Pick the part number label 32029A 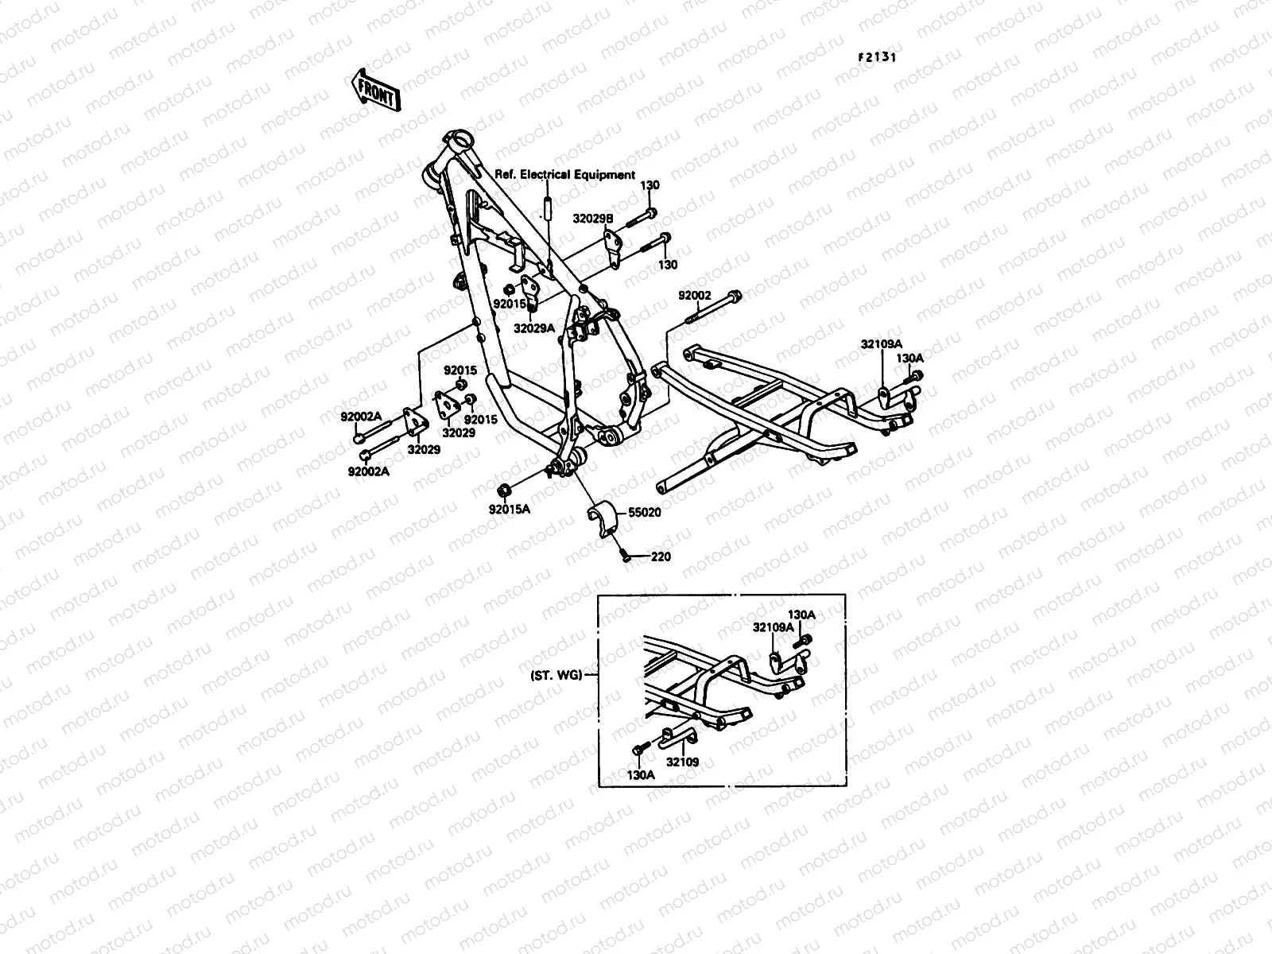tap(533, 327)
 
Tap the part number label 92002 tap(694, 296)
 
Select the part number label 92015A tap(510, 510)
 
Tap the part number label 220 tap(661, 556)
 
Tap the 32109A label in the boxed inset tap(772, 627)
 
